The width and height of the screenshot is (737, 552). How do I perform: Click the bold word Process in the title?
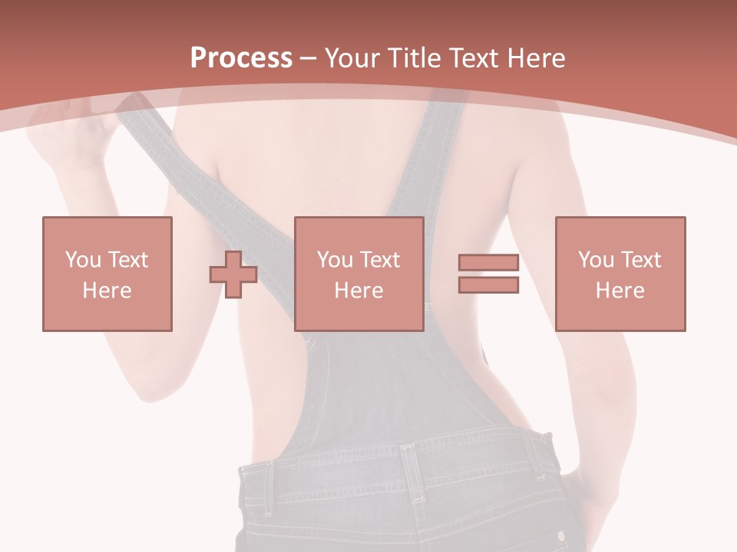pyautogui.click(x=241, y=58)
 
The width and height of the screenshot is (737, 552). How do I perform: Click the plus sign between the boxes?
pyautogui.click(x=233, y=274)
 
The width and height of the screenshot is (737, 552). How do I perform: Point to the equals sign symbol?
pyautogui.click(x=488, y=274)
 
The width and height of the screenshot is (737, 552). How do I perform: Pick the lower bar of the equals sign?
pyautogui.click(x=488, y=285)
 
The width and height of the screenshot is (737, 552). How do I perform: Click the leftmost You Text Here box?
pyautogui.click(x=107, y=274)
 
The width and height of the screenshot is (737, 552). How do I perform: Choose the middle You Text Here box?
pyautogui.click(x=359, y=274)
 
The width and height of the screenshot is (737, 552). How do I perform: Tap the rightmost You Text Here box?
pyautogui.click(x=620, y=274)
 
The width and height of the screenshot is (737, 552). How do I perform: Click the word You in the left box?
pyautogui.click(x=83, y=260)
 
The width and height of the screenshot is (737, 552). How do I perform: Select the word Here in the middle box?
pyautogui.click(x=359, y=291)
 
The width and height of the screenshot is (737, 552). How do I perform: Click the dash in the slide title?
pyautogui.click(x=309, y=58)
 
